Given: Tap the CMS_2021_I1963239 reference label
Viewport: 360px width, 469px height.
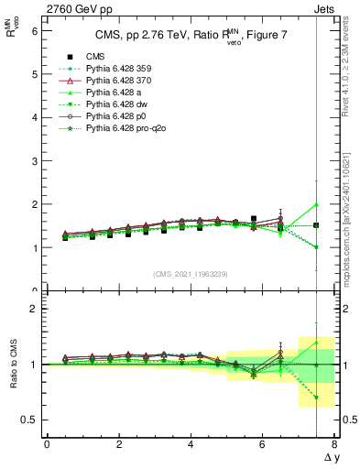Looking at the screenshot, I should click(x=190, y=274).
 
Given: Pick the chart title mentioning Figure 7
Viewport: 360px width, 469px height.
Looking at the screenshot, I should click(x=190, y=37).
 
